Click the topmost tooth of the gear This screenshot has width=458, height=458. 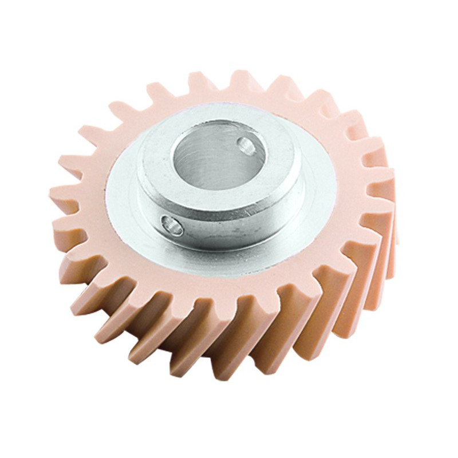pos(240,80)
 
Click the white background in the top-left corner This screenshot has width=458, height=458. pos(23,23)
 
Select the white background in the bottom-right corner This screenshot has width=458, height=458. pos(435,435)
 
